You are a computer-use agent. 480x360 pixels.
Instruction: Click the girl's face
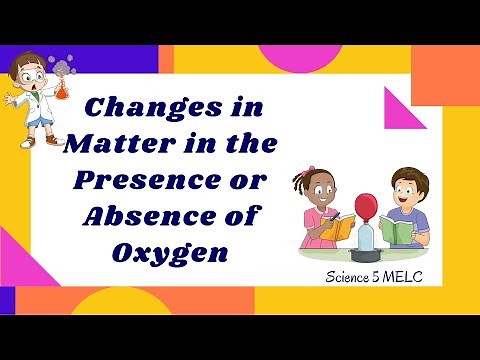coord(318,192)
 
